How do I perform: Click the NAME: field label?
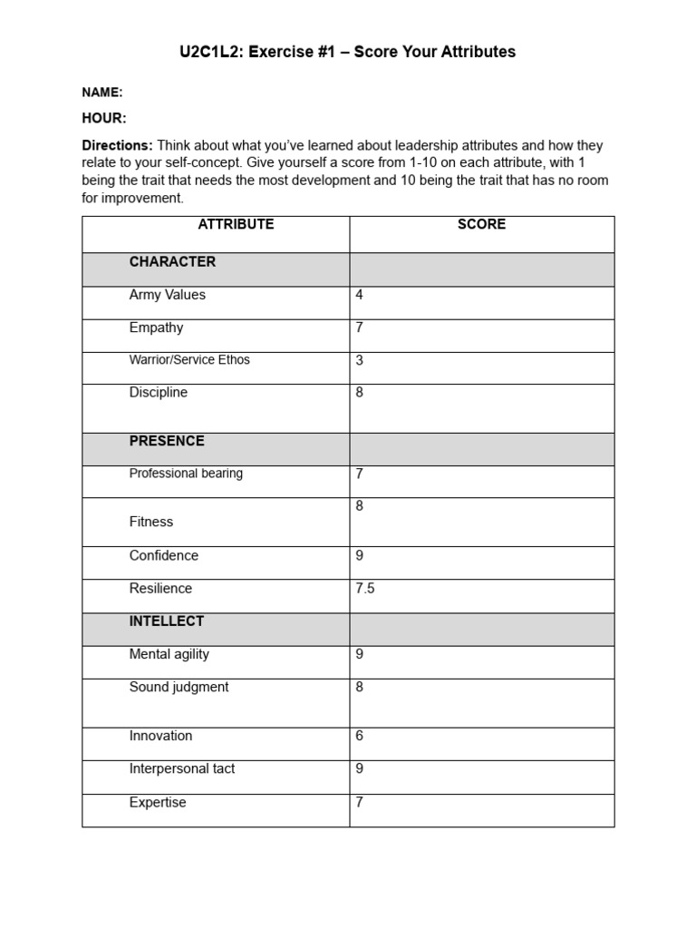pos(102,93)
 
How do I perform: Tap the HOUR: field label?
pos(104,119)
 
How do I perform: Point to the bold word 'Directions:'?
pos(117,145)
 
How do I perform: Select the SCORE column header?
pos(481,224)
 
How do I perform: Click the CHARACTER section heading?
pos(172,262)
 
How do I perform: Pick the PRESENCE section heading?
pos(167,441)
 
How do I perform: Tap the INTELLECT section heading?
pos(167,621)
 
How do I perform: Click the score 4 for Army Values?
pos(360,295)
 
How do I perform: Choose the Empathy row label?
pos(156,328)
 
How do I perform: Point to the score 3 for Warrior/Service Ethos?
pos(360,360)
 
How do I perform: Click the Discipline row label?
pos(159,393)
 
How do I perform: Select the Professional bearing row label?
pos(186,474)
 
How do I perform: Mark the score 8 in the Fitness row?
pos(360,506)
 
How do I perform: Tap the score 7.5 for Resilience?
pos(365,588)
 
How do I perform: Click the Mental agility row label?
pos(169,654)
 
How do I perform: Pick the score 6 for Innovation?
pos(360,736)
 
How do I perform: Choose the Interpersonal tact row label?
pos(182,768)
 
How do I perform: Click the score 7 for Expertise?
pos(360,802)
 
